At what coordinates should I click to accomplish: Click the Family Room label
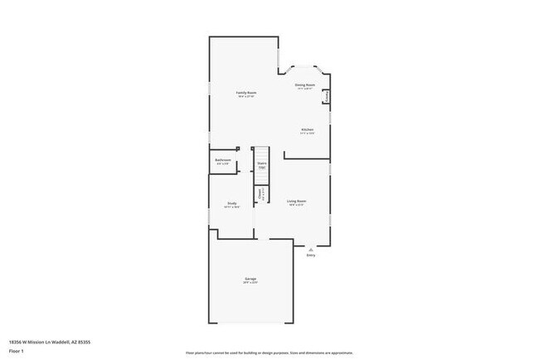[x=245, y=92]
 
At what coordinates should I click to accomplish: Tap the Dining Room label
[x=304, y=85]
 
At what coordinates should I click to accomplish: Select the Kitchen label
[x=307, y=129]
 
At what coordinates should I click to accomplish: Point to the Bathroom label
[x=223, y=159]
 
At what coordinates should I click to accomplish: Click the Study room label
[x=232, y=203]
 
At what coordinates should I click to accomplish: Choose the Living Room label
[x=297, y=201]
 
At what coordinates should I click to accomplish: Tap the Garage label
[x=250, y=279]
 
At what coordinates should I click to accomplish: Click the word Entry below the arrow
[x=311, y=255]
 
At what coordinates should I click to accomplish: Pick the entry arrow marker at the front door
[x=311, y=247]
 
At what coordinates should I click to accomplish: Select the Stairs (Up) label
[x=262, y=165]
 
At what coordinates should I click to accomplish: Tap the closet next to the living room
[x=260, y=194]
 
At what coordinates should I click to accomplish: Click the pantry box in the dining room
[x=328, y=96]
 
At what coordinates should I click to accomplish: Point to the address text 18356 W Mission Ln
[x=38, y=340]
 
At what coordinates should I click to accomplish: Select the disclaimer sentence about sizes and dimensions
[x=269, y=353]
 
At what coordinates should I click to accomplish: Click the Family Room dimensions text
[x=245, y=97]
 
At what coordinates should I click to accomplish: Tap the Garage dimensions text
[x=250, y=284]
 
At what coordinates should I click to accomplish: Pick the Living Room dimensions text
[x=297, y=206]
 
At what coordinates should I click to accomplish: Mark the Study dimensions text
[x=232, y=207]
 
